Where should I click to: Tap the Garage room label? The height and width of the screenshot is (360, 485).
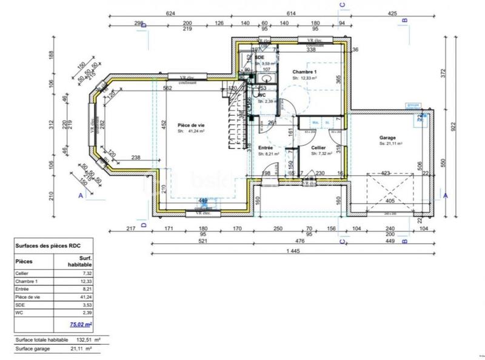(x=387, y=138)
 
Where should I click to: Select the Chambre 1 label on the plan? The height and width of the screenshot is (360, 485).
(x=305, y=72)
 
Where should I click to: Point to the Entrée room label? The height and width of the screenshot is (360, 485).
(x=265, y=148)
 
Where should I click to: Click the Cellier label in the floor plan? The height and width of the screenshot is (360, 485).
(x=319, y=148)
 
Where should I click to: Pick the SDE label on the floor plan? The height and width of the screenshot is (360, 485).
(x=259, y=58)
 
